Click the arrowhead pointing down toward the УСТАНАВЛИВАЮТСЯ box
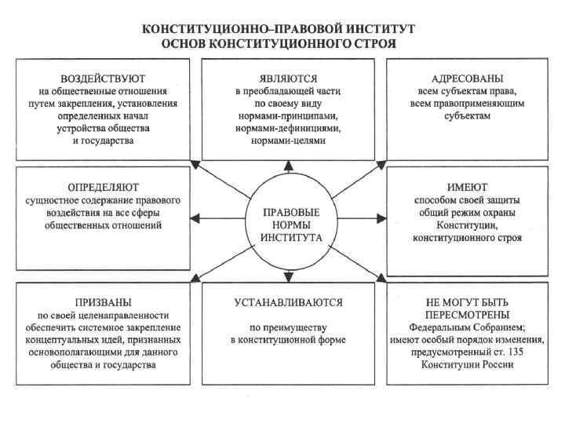pyautogui.click(x=289, y=274)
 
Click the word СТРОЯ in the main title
pyautogui.click(x=374, y=43)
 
